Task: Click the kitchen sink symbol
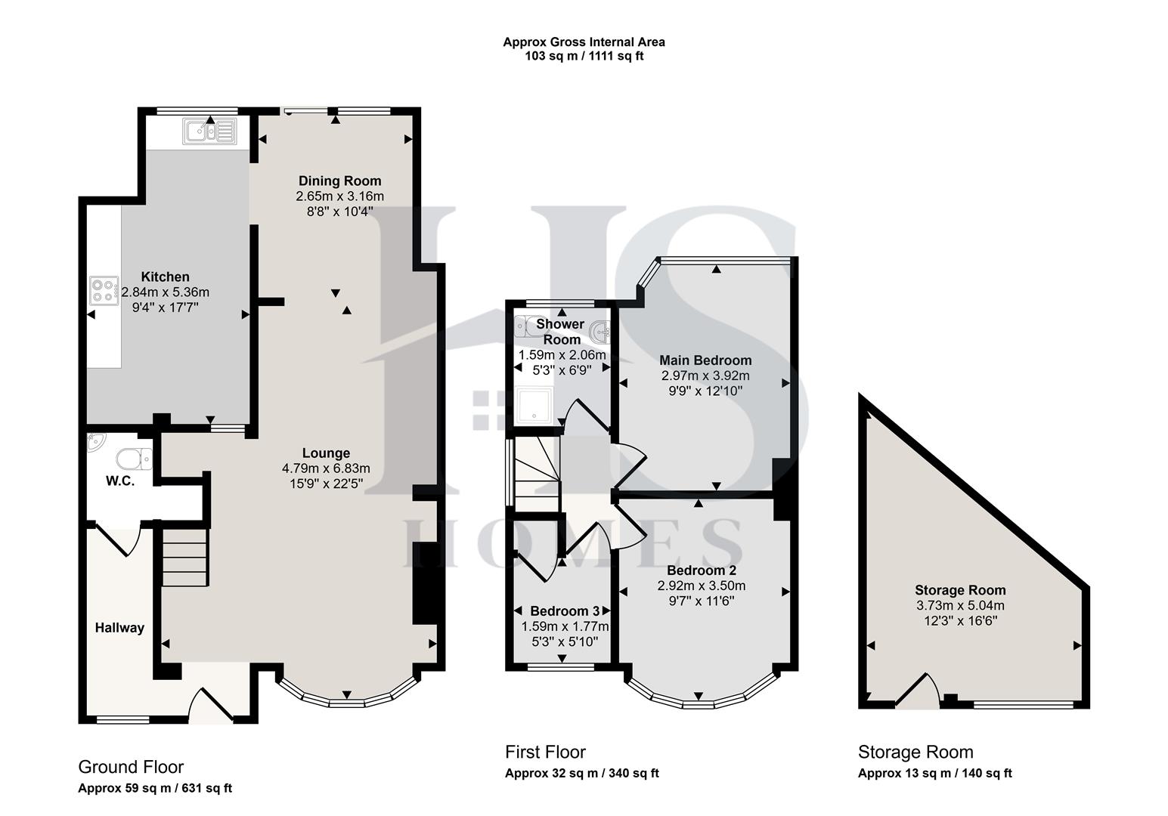209,131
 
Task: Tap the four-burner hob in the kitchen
105,290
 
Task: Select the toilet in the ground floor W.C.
135,459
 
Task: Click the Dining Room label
339,181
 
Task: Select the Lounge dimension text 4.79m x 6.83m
326,468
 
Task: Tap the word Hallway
119,627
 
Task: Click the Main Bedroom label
705,360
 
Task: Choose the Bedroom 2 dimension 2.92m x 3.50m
701,586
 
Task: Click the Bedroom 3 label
565,610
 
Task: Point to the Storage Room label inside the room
960,590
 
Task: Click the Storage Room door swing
919,692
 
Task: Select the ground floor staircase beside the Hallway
184,557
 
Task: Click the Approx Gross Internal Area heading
584,42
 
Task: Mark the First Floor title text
545,752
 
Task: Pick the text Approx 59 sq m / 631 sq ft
155,788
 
